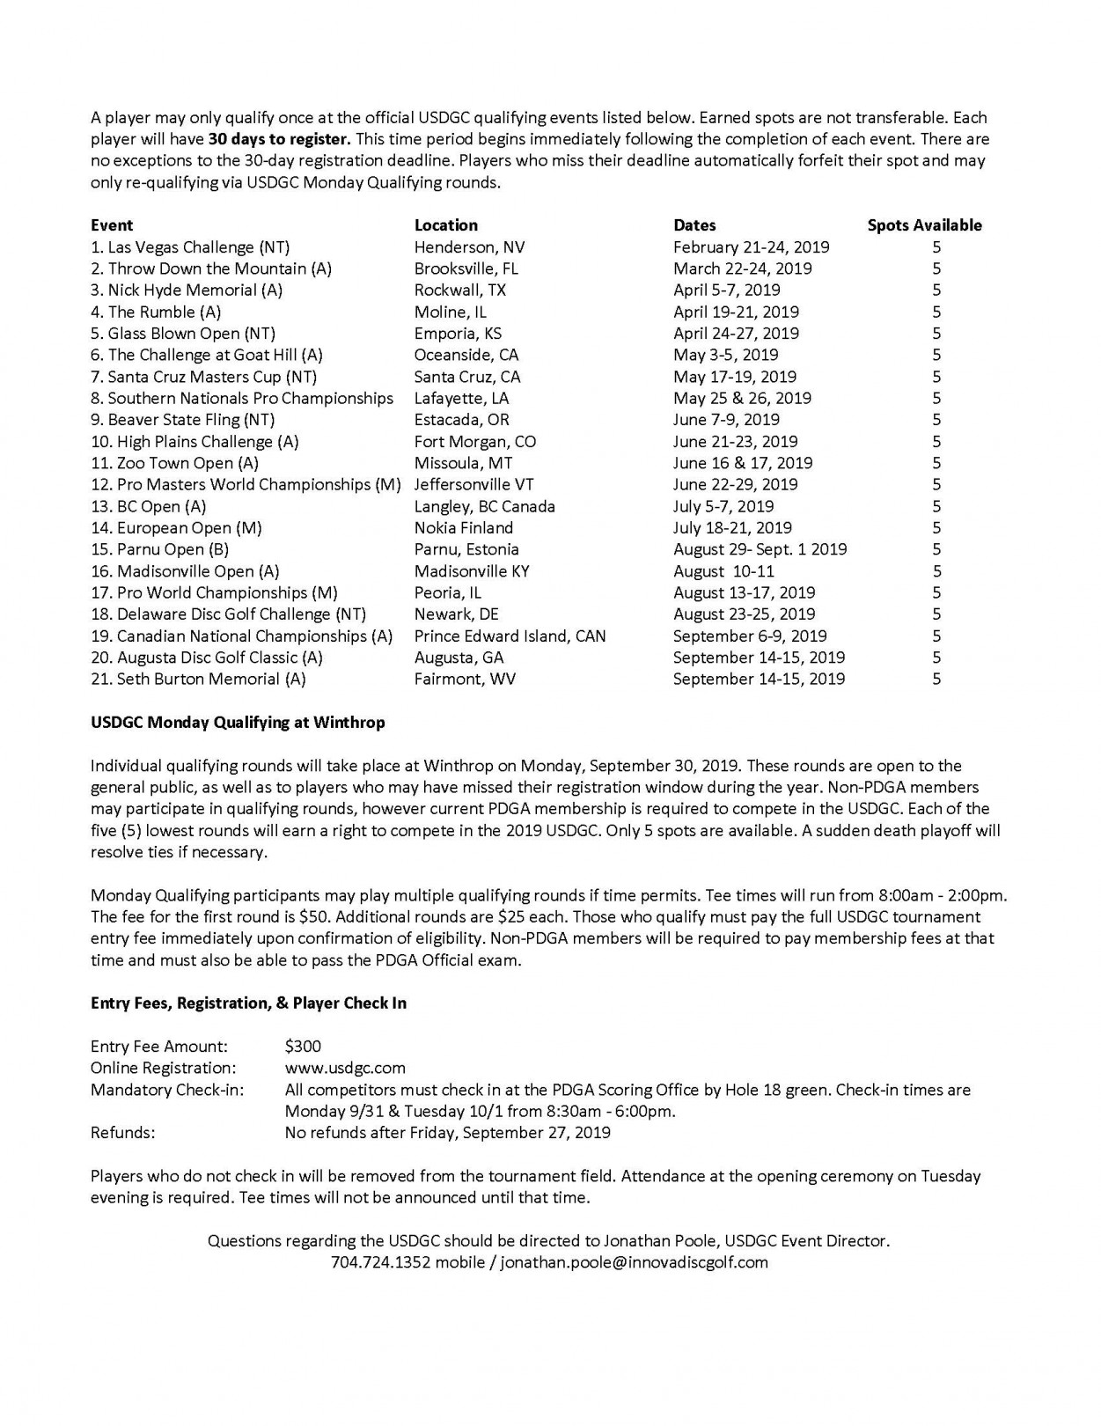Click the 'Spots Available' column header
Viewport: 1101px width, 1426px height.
[x=924, y=225]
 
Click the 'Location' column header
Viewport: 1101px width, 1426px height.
[x=446, y=225]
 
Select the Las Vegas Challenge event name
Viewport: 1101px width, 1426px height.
[x=190, y=247]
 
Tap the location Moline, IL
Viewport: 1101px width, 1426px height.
[x=450, y=312]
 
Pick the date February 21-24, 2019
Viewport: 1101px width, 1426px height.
[x=751, y=247]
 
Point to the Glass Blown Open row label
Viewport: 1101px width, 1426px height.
[x=183, y=334]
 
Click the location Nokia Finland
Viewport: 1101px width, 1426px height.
[x=464, y=528]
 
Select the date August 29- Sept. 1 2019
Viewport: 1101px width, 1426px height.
[x=760, y=549]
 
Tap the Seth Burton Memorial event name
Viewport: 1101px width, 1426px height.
[x=198, y=679]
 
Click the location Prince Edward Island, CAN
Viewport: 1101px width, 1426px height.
[x=510, y=636]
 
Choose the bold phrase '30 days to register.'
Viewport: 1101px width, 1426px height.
[x=280, y=139]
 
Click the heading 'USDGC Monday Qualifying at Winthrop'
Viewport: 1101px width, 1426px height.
[x=238, y=723]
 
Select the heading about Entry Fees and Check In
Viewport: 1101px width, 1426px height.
[x=248, y=1003]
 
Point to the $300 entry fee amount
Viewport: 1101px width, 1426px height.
[x=303, y=1047]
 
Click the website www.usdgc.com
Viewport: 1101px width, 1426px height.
[x=345, y=1068]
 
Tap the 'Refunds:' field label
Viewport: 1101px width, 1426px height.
[x=122, y=1133]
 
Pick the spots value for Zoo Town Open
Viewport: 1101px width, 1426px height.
[x=936, y=463]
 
